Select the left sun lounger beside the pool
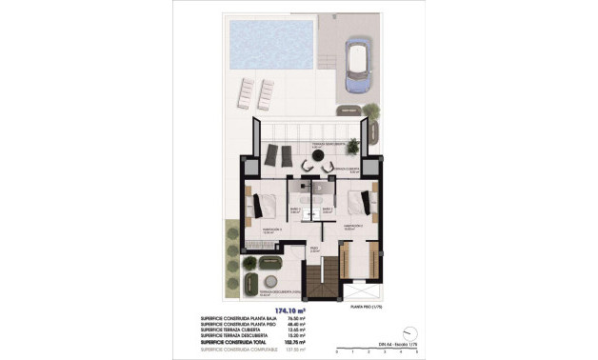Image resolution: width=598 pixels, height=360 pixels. [x=244, y=92]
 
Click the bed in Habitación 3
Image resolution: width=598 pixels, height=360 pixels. [x=266, y=203]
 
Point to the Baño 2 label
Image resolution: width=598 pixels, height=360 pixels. [x=295, y=210]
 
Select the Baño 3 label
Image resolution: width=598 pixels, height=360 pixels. [x=327, y=210]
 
